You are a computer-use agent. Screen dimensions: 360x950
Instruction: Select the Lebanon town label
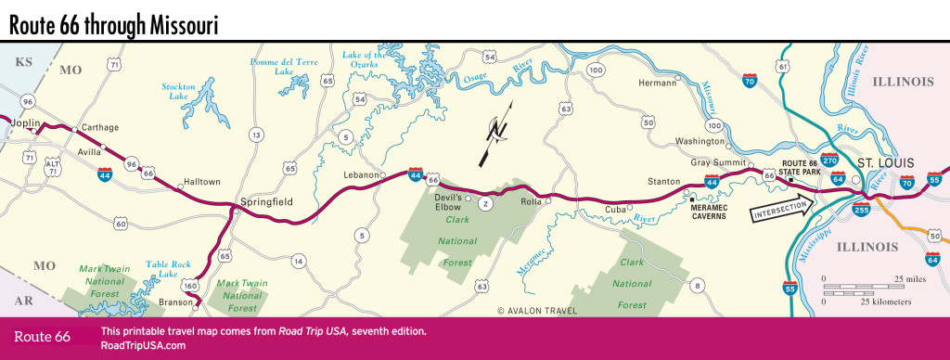[x=361, y=175]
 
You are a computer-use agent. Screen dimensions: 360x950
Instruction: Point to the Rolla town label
[x=530, y=200]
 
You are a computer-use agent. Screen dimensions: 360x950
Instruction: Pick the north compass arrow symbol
[x=499, y=135]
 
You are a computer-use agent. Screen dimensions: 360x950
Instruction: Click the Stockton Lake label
[x=178, y=90]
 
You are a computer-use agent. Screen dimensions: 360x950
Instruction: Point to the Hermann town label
[x=660, y=84]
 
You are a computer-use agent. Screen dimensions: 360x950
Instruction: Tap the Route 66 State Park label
[x=803, y=166]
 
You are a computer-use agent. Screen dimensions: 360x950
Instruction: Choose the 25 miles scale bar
[x=867, y=285]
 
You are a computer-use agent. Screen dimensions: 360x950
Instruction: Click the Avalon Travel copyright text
[x=537, y=311]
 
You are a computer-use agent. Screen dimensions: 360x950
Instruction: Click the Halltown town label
[x=203, y=183]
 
